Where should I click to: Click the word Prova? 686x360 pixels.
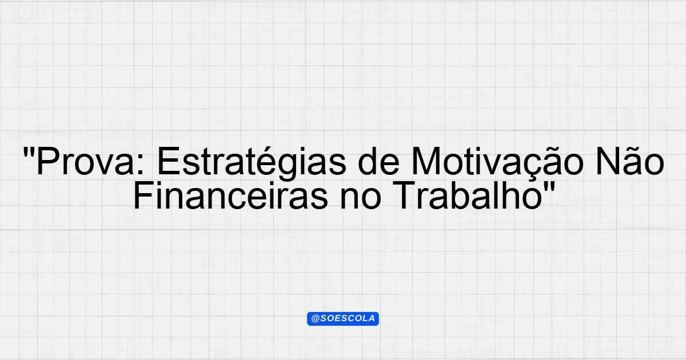85,161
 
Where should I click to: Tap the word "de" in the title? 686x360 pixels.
378,161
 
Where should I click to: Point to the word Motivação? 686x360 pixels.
497,161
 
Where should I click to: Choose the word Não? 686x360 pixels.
629,161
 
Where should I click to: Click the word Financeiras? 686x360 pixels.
230,195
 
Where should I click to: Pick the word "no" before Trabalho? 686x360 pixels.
361,199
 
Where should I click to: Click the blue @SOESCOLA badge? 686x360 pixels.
343,319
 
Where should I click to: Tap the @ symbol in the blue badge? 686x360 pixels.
315,319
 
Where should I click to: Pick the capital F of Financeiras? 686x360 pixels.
143,195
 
